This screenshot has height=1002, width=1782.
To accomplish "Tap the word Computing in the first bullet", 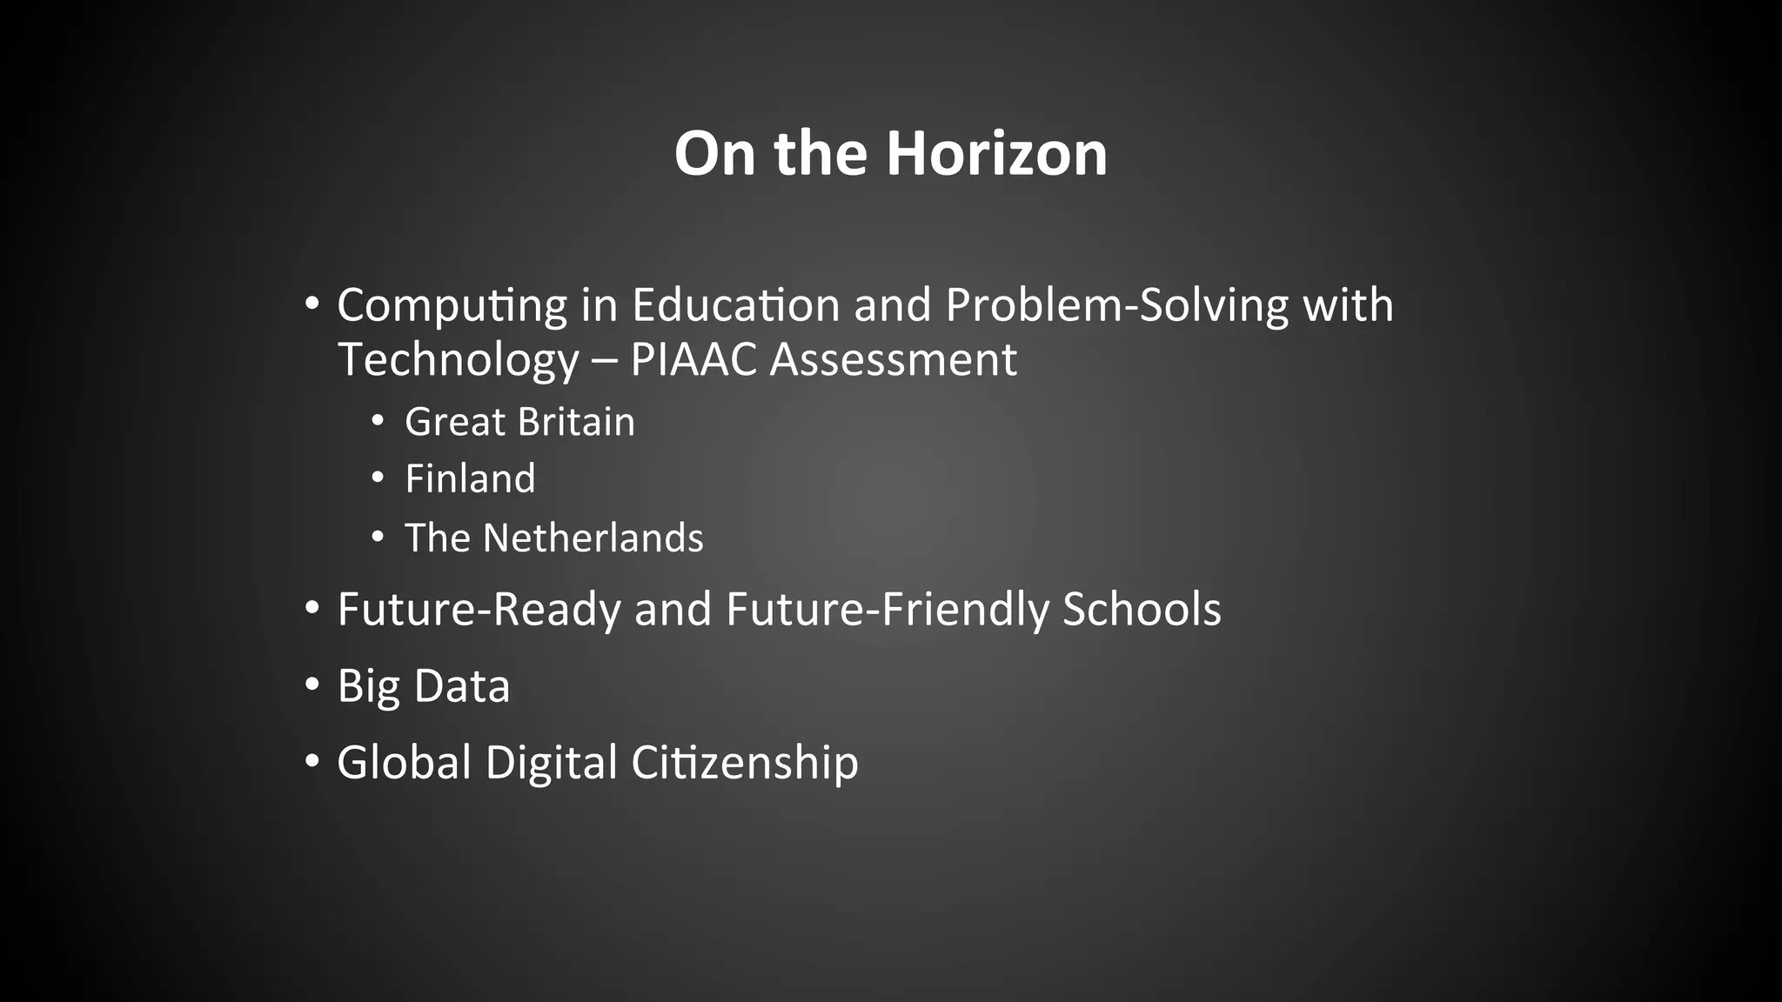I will (x=452, y=306).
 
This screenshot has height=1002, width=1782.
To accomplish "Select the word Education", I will (x=736, y=306).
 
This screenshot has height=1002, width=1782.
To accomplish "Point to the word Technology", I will (x=458, y=360).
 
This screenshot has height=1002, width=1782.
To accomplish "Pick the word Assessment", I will (x=894, y=360).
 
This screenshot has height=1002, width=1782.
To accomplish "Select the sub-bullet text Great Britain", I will (x=519, y=423).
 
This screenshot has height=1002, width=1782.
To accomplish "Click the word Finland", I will (x=470, y=479).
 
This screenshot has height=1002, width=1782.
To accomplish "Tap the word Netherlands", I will (x=593, y=538).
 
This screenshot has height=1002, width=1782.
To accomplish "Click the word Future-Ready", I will (x=479, y=610).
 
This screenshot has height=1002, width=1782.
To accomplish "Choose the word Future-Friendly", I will (x=888, y=610).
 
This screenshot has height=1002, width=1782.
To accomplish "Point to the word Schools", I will (x=1142, y=610).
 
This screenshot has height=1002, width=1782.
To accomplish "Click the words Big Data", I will (x=423, y=686).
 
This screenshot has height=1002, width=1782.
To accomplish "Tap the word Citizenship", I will (x=744, y=763).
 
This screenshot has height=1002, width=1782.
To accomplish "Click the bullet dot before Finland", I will (x=377, y=478).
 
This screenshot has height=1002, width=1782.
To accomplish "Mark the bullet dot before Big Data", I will (x=312, y=684).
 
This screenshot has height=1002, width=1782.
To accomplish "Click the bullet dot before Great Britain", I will (x=377, y=421).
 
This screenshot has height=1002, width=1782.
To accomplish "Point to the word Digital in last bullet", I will (x=551, y=763).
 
